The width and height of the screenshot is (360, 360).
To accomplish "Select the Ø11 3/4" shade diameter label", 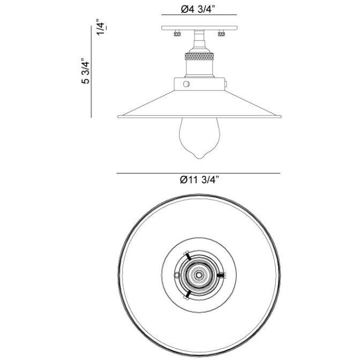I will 200,181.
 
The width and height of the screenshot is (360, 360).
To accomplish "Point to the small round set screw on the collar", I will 186,84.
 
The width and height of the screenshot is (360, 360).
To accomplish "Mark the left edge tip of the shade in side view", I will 117,116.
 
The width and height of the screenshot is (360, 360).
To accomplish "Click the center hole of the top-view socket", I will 199,274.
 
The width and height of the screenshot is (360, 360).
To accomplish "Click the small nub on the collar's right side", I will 226,84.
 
